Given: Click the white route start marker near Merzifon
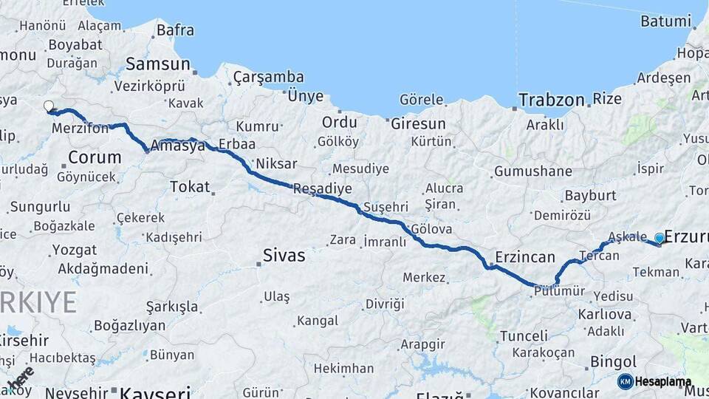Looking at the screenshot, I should click(x=49, y=106).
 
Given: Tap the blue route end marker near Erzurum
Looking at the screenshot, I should click(x=660, y=238).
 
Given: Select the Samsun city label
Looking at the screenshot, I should click(x=157, y=64).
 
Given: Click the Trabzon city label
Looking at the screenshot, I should click(x=551, y=100).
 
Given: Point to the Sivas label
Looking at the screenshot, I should click(x=284, y=256).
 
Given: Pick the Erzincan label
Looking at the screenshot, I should click(x=525, y=257).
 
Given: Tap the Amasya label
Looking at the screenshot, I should click(x=177, y=146).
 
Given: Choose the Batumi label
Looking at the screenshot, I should click(x=665, y=21).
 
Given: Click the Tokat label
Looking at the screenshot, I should click(x=190, y=187).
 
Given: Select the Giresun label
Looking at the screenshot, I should click(x=418, y=123).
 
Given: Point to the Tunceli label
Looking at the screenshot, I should click(x=524, y=335).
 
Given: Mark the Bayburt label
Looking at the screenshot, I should click(x=590, y=196).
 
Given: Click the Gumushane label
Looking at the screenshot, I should click(x=533, y=171).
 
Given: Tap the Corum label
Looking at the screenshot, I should click(x=95, y=157).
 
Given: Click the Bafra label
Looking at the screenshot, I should click(x=175, y=30).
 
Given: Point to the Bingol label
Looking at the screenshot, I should click(x=614, y=362).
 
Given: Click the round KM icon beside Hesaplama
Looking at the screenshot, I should click(x=625, y=381).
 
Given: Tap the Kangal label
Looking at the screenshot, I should click(x=316, y=321).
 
